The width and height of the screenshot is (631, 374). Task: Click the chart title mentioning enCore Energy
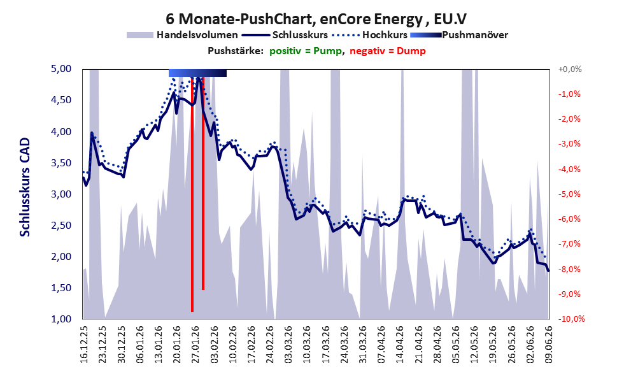coord(316,19)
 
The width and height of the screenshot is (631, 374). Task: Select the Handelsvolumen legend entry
coord(182,35)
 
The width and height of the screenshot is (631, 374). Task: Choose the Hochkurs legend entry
coord(370,35)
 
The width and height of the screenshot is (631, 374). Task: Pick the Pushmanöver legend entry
coord(459,35)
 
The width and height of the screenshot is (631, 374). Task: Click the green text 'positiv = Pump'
coord(306,51)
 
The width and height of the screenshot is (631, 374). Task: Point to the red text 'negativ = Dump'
coord(388,51)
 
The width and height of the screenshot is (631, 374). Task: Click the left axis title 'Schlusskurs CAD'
coord(25,187)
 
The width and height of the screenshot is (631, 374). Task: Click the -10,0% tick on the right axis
coord(571,319)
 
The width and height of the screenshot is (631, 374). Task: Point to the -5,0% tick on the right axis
coord(569,194)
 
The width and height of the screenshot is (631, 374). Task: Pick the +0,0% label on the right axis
coord(570,69)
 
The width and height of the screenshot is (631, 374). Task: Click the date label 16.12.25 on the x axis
coord(83,344)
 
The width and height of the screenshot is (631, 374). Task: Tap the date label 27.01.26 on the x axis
coord(195,344)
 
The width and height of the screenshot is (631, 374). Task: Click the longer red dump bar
coord(192,194)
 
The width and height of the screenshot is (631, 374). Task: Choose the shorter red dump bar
coord(203,183)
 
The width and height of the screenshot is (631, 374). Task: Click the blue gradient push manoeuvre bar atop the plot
coord(197,73)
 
